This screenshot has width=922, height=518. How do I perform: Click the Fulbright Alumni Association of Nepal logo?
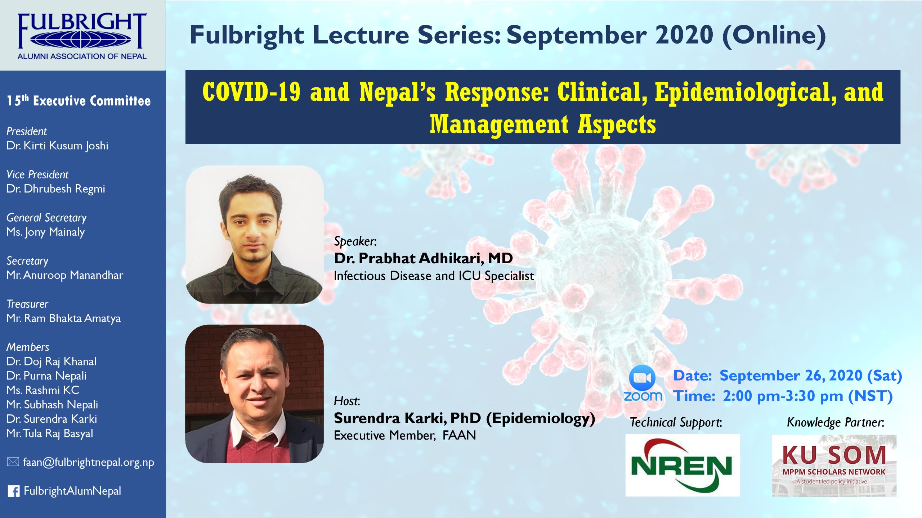tap(82, 36)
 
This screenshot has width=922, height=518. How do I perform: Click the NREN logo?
tap(682, 465)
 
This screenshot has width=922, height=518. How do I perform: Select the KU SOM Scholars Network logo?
tap(834, 465)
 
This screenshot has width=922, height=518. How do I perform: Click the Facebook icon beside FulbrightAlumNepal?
tap(14, 491)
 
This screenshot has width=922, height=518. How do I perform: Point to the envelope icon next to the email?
tap(13, 462)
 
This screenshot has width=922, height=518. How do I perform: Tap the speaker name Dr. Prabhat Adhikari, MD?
tap(423, 258)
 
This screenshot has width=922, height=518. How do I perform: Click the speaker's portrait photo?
tap(255, 235)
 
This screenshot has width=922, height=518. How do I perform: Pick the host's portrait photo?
tap(255, 394)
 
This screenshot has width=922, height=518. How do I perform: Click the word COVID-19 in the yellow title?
tap(251, 92)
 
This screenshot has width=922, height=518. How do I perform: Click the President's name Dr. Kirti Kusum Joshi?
tap(57, 146)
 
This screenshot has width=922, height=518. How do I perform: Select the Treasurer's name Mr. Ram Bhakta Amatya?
tap(63, 319)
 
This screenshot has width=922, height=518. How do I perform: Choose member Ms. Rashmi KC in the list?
tap(43, 390)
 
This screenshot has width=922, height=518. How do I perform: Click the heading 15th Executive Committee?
tap(79, 101)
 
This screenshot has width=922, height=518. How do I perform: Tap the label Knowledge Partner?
tap(836, 422)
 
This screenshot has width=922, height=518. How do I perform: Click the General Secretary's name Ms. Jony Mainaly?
tap(46, 232)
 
